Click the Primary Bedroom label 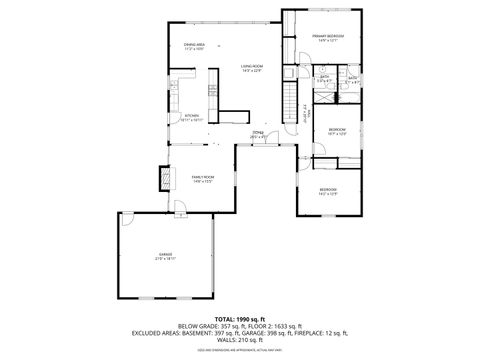tap(327, 36)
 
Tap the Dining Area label tap(194, 45)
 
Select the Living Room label tap(251, 66)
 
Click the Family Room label tap(203, 176)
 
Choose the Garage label tap(165, 254)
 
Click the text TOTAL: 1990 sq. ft tap(239, 317)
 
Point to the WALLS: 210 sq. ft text tap(239, 339)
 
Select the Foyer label tap(257, 131)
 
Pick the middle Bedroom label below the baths tap(337, 128)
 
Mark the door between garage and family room tap(176, 209)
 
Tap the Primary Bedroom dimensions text tap(327, 41)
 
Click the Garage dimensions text tap(165, 259)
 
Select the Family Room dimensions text tap(203, 181)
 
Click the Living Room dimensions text tap(251, 71)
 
